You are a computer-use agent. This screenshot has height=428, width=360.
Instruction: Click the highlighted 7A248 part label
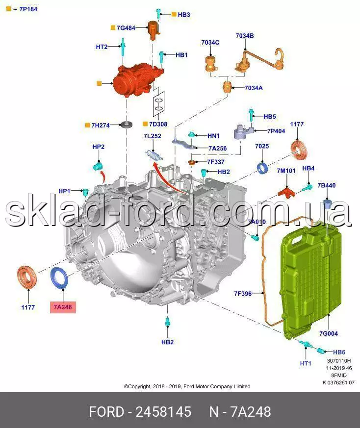point(62,308)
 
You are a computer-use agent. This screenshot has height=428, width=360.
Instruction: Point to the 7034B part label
point(244,36)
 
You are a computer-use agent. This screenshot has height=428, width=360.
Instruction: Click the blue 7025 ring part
point(263,168)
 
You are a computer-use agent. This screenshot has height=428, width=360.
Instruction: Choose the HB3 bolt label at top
point(184,15)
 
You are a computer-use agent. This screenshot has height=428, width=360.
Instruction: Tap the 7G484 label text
point(126,28)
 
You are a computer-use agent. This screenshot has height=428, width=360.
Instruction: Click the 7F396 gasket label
point(243,294)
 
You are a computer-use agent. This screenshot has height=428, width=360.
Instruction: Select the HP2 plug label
point(99,147)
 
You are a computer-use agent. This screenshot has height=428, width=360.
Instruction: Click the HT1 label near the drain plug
point(305,363)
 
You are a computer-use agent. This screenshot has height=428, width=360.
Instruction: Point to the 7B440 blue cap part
point(327,204)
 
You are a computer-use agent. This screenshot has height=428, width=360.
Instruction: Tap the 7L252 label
point(153,136)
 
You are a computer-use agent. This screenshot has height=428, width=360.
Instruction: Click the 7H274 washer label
point(100,126)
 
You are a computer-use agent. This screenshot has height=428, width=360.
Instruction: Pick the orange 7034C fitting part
point(210,64)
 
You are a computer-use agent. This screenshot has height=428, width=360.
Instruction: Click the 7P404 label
point(276,131)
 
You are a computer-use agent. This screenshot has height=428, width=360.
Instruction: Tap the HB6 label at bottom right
point(339,352)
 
